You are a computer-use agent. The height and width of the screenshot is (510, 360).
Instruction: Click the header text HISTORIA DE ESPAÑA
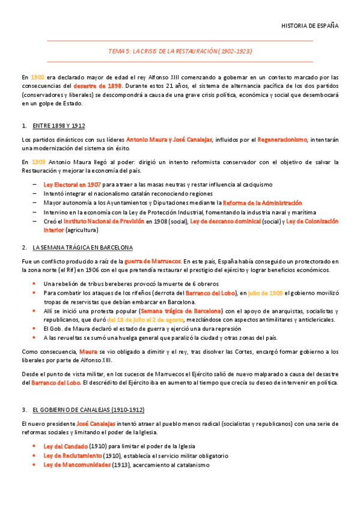[310, 26]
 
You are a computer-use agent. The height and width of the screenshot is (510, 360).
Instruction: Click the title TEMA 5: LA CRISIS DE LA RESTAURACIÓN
[180, 51]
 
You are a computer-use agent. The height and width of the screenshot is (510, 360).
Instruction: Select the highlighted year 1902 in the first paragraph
[37, 77]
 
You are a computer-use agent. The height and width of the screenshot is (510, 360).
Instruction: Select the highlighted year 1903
[38, 162]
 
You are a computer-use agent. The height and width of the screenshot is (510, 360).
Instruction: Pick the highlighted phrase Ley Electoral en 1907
[72, 185]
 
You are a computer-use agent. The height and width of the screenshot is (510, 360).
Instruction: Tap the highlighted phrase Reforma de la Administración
[262, 203]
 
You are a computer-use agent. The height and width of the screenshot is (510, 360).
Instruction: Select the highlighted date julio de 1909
[265, 293]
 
